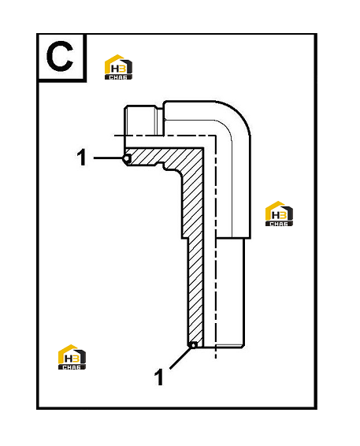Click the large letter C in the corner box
pos(60,56)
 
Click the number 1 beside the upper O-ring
pos(82,158)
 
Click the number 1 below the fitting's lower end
pos(158,377)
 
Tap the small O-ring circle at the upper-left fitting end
pos(127,158)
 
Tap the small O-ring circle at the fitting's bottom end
pos(193,345)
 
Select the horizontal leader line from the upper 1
pos(109,158)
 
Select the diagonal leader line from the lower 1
pos(180,359)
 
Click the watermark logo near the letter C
pos(118,67)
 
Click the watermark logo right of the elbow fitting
pos(279,214)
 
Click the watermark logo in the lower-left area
pos(72,357)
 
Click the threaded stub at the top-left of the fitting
pos(143,120)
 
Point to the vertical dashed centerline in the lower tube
pos(216,247)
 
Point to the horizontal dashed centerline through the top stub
pos(165,136)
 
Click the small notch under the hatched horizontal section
pos(160,165)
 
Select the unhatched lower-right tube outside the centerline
pos(230,292)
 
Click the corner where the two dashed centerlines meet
pos(216,136)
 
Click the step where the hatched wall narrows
pos(184,238)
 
